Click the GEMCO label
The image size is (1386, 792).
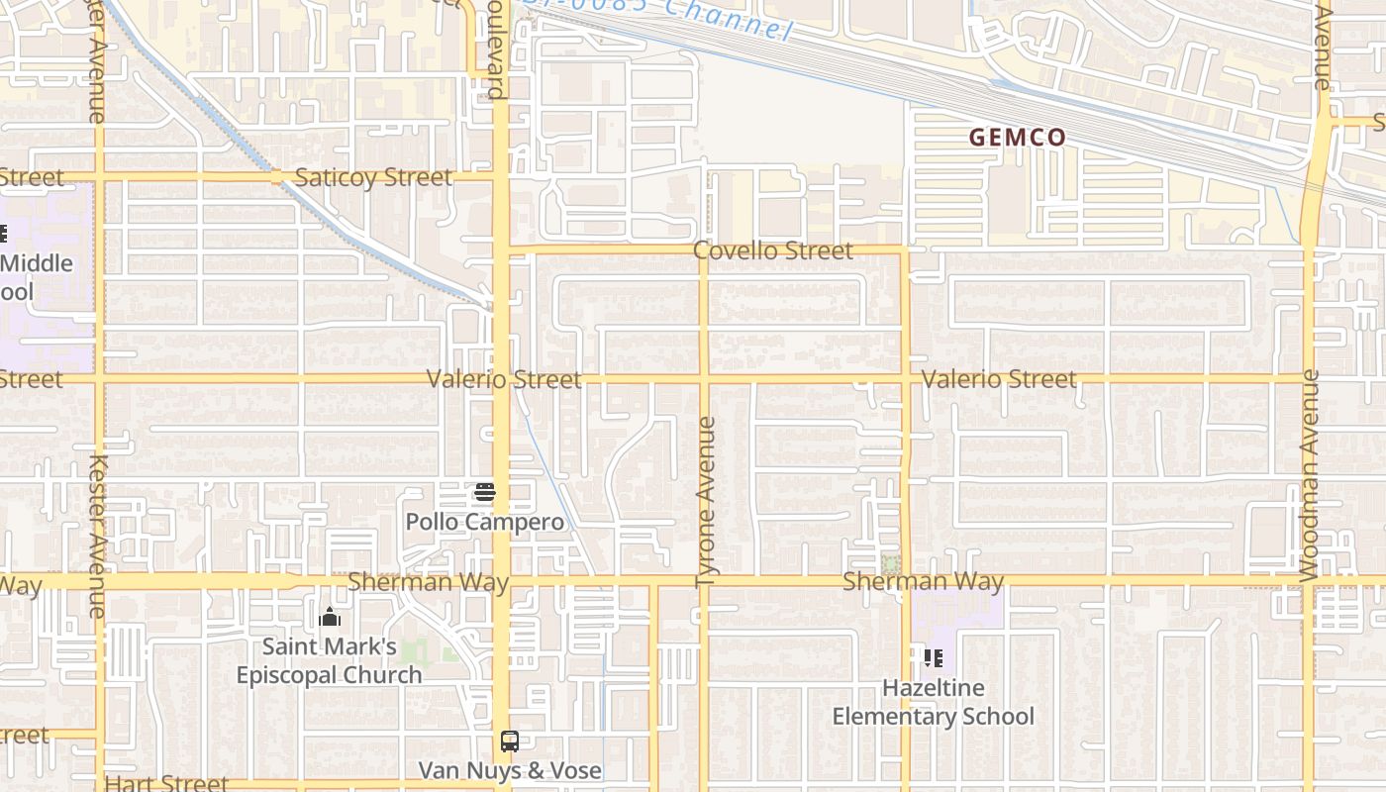(1017, 138)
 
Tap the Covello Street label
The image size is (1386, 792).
(772, 250)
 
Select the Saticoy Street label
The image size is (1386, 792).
(373, 178)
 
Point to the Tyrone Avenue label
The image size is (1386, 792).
(706, 502)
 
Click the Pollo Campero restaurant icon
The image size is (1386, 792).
(485, 491)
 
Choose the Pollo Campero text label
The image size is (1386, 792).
(485, 522)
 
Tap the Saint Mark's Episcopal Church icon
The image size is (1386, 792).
(330, 618)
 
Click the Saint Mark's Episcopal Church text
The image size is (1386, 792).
(330, 660)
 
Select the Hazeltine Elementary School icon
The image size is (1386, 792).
(933, 657)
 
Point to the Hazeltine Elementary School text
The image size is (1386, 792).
(933, 702)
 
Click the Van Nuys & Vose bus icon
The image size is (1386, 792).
(510, 742)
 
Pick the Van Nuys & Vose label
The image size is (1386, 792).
(510, 770)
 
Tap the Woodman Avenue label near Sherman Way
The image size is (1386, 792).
(1310, 475)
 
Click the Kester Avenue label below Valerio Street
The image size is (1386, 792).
(98, 535)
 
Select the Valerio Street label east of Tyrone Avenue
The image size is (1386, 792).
(999, 379)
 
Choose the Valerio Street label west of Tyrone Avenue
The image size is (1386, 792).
(504, 379)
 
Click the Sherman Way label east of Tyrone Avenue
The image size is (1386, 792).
(923, 581)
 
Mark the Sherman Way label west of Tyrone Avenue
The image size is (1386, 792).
(428, 581)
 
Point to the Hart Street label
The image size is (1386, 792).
(166, 783)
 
